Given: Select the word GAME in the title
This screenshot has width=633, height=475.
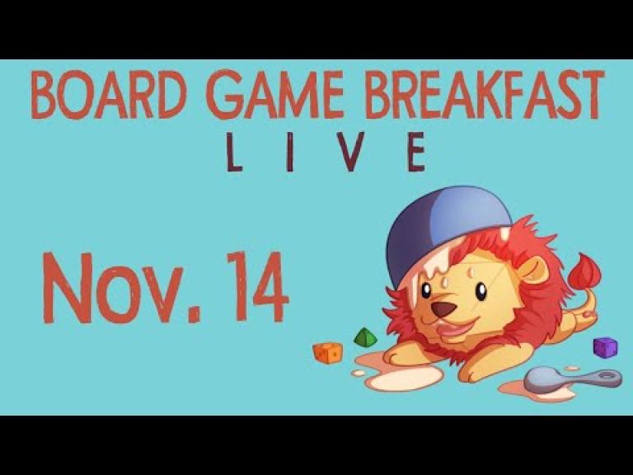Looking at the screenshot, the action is (277, 95).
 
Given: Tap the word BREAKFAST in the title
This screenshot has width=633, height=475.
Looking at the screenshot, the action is (485, 95).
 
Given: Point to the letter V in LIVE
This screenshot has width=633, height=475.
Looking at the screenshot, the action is (349, 152).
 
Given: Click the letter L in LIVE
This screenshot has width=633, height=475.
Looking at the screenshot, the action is (234, 152).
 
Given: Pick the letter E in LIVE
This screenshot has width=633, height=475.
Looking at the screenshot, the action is (416, 152).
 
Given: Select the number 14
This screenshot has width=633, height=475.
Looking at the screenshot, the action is (257, 286).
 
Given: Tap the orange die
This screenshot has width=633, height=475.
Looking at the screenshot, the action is (327, 352).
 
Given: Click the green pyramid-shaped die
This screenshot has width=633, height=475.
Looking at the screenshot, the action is (365, 337).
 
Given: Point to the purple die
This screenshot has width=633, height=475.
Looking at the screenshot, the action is (605, 347).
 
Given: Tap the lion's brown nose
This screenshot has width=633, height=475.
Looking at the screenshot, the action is (443, 309).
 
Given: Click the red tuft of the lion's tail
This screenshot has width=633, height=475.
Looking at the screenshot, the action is (584, 270).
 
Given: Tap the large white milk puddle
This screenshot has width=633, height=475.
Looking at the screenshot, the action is (404, 378).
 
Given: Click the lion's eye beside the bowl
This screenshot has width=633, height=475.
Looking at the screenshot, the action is (425, 290).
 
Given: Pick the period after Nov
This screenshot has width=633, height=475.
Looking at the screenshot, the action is (194, 316).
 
